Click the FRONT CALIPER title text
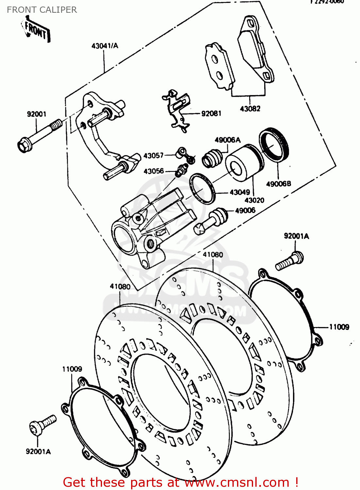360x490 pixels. (x=42, y=10)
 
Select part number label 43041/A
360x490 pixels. (x=105, y=46)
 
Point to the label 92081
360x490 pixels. (x=211, y=113)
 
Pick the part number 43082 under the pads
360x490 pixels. (x=250, y=109)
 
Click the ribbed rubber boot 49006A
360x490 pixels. (x=212, y=158)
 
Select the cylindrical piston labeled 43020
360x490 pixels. (x=242, y=162)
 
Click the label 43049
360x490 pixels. (x=240, y=192)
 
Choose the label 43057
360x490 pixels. (x=153, y=155)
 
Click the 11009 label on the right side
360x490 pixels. (x=339, y=327)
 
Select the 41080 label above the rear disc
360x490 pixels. (x=213, y=254)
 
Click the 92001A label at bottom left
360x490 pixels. (x=38, y=451)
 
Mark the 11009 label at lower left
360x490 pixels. (x=72, y=369)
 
